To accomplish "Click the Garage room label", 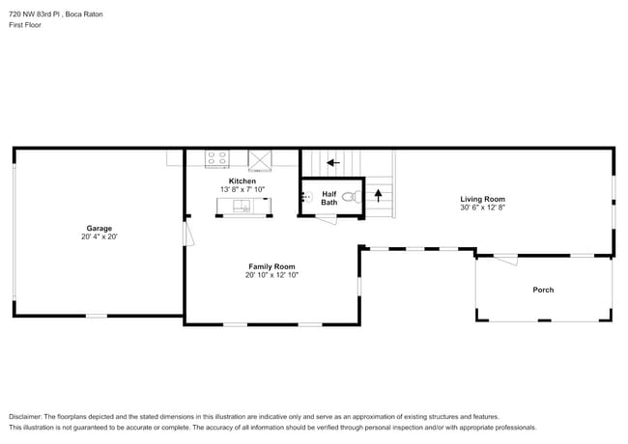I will click(x=100, y=229).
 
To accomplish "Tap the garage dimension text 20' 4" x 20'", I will click(x=100, y=236).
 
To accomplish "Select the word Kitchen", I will click(x=243, y=181).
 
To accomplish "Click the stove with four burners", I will click(x=217, y=158).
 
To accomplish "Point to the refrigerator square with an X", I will click(x=261, y=159).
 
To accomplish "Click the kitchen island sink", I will click(x=244, y=204).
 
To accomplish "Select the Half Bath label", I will click(x=329, y=198).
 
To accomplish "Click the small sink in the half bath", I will click(x=306, y=197).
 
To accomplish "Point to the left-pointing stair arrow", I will click(x=333, y=163).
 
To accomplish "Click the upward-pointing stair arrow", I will click(x=379, y=195).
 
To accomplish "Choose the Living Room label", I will click(x=482, y=199).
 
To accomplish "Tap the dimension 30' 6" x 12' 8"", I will click(x=482, y=207).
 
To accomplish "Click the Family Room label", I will click(x=271, y=266).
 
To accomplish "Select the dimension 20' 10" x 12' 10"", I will click(x=271, y=275).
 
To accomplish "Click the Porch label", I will click(x=543, y=290).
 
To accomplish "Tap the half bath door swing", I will click(x=326, y=218).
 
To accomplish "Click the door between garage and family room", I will click(x=188, y=232).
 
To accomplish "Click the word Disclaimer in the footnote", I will click(x=27, y=415).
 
